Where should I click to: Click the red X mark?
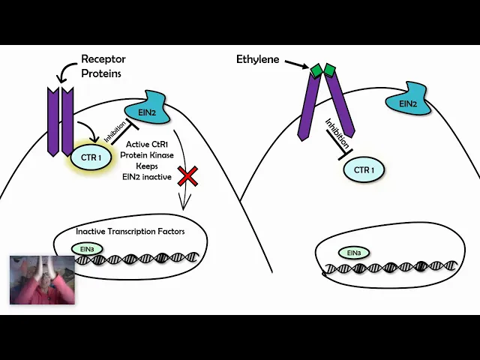click(187, 177)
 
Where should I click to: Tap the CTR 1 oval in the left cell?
click(91, 157)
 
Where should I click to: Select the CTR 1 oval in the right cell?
click(364, 170)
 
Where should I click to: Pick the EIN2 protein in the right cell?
click(408, 103)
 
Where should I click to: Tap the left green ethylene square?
click(316, 71)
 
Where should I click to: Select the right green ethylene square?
click(329, 70)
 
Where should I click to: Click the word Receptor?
click(103, 59)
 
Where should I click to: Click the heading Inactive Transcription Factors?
click(130, 231)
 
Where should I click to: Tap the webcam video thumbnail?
click(42, 279)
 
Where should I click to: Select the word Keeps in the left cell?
click(146, 166)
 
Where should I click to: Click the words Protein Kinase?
click(146, 155)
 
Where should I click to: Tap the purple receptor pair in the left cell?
click(61, 120)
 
